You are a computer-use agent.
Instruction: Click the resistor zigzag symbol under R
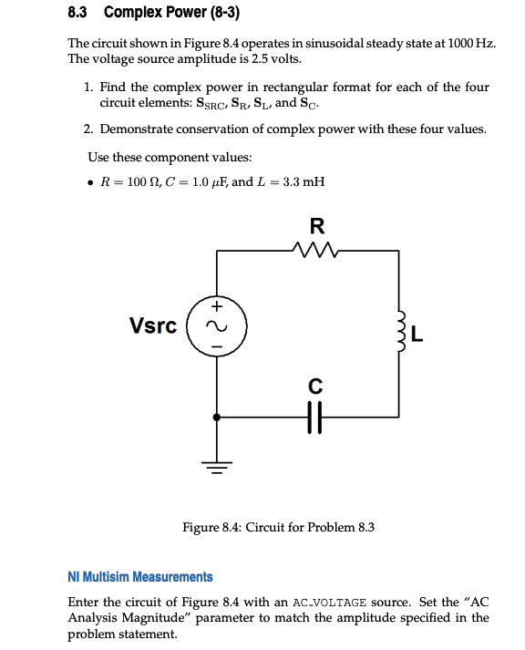point(316,248)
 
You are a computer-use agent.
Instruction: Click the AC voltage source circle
point(216,325)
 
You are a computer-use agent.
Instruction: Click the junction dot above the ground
point(216,418)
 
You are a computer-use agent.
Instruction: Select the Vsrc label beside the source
point(153,325)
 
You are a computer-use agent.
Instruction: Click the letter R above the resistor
point(316,224)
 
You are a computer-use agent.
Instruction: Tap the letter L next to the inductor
point(417,335)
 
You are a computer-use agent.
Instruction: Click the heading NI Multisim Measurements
point(140,577)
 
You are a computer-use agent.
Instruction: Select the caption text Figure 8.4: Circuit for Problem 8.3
point(278,527)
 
